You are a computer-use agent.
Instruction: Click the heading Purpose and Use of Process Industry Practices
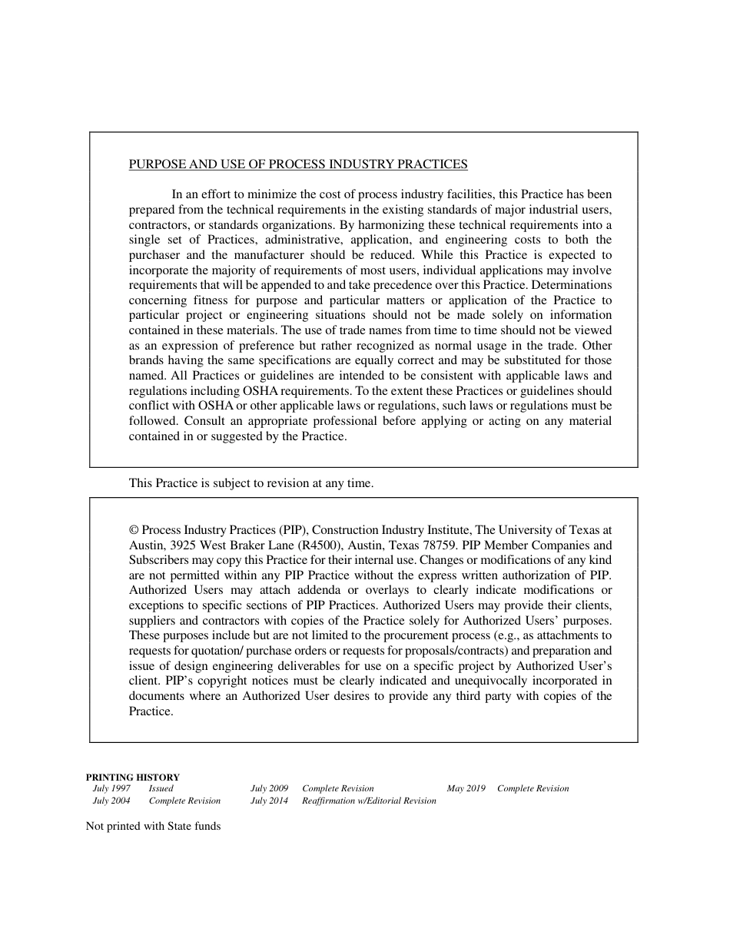(297, 164)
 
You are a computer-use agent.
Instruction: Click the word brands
(146, 360)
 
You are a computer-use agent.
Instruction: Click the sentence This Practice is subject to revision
(251, 483)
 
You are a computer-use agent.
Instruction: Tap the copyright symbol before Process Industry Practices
(134, 530)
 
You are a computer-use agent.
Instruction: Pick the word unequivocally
(483, 681)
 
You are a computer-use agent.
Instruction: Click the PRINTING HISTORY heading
(132, 778)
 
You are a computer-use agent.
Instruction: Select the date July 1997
(111, 789)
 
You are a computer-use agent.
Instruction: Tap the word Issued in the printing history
(161, 789)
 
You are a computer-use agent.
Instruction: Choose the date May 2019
(466, 789)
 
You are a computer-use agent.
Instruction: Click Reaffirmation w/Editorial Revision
(369, 801)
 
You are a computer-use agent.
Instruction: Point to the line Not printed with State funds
(153, 827)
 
